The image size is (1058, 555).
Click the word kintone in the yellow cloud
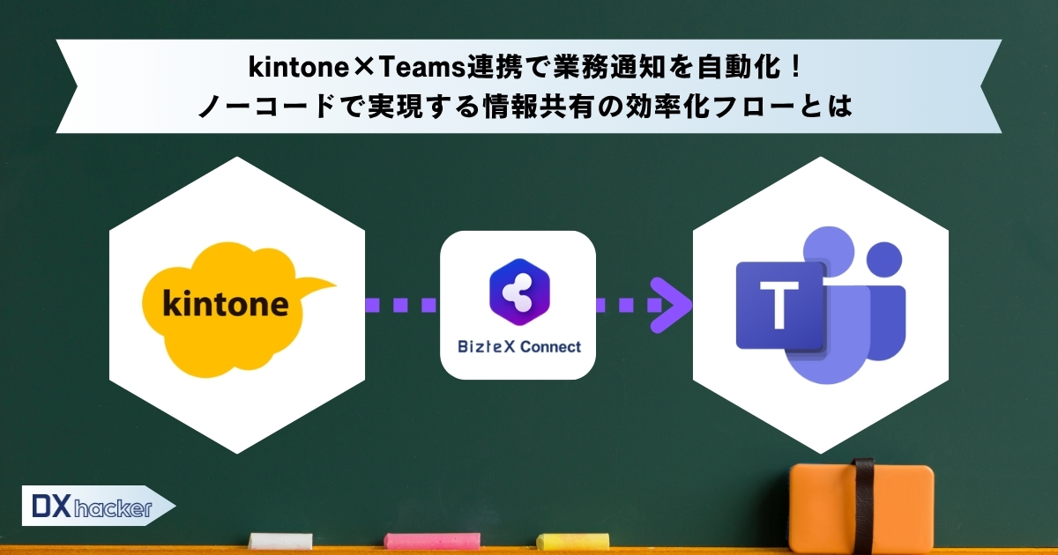226,304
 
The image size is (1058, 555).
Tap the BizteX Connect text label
519,347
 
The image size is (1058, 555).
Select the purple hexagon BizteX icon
519,292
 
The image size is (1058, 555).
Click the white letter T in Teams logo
779,305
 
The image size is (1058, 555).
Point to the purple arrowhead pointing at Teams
671,305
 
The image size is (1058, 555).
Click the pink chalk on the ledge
432,541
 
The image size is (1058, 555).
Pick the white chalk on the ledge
280,541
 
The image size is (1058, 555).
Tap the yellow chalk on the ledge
572,541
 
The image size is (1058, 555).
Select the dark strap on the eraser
862,506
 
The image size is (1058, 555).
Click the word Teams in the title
421,67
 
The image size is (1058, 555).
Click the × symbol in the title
363,67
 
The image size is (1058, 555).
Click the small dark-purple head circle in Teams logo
884,260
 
